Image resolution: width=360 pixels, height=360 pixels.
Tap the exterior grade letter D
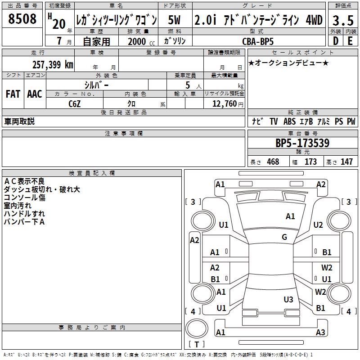pos(335,40)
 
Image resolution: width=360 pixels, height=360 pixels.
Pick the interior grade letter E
pos(350,40)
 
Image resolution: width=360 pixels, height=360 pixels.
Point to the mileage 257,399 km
pos(53,64)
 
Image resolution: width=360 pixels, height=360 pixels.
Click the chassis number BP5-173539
pos(302,143)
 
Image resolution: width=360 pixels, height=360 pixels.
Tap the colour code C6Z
pos(75,103)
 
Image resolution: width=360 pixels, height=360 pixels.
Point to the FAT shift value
pos(13,94)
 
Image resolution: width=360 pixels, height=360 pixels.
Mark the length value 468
pos(273,162)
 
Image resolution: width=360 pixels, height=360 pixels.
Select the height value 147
pos(346,162)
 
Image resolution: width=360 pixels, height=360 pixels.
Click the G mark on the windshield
pos(284,237)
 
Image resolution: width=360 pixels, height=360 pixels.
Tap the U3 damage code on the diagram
pos(288,299)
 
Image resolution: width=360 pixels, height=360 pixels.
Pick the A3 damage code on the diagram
pos(320,333)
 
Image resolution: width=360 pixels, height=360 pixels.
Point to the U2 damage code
pos(318,225)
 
